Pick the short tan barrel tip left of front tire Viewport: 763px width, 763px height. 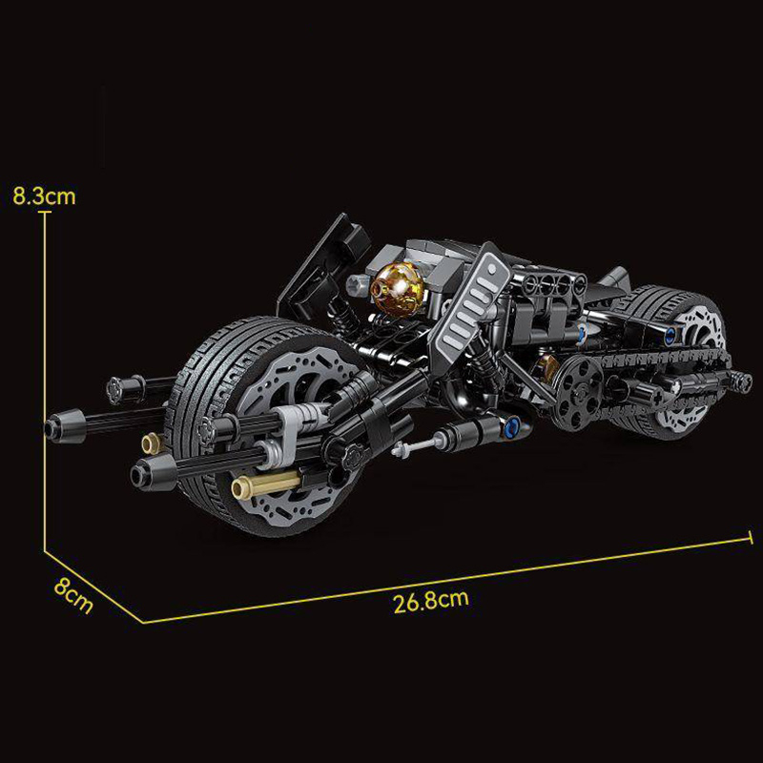pos(150,442)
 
